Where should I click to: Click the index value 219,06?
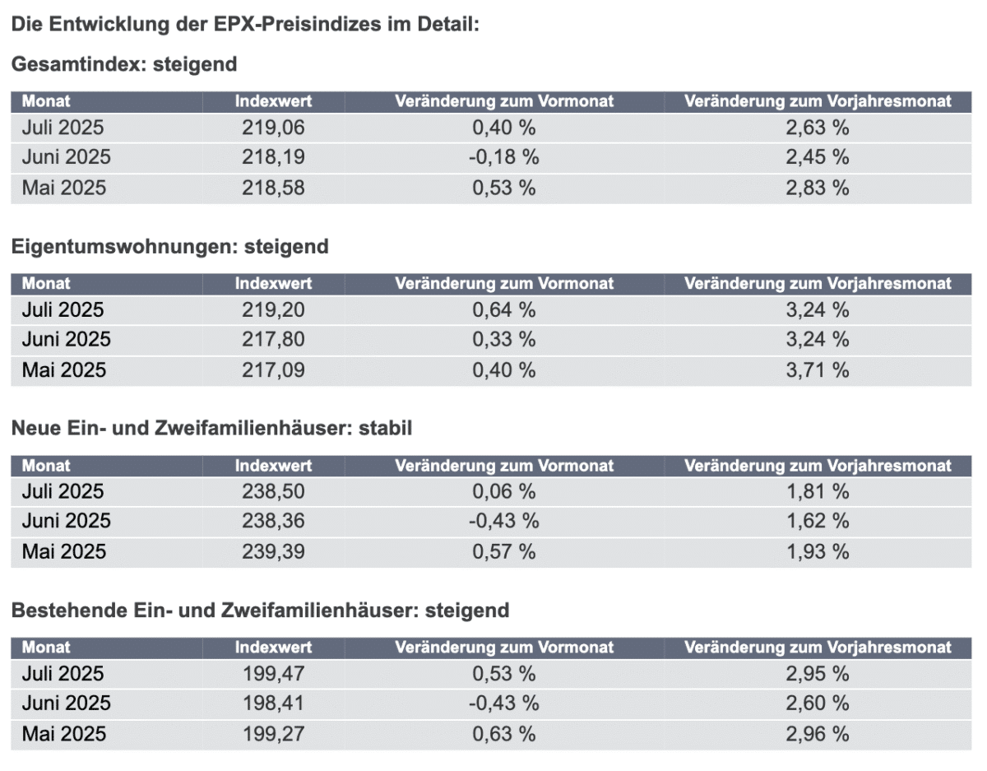[273, 128]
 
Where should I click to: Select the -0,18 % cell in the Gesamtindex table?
[503, 157]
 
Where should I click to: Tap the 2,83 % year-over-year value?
[817, 188]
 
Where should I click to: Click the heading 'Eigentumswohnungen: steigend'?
[170, 247]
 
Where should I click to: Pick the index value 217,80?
[273, 339]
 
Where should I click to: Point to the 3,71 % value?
[817, 370]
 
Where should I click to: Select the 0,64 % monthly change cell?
[503, 310]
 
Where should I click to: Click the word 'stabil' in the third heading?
[385, 429]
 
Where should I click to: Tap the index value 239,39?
[273, 552]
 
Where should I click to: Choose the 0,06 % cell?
[503, 491]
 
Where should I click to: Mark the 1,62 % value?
[817, 521]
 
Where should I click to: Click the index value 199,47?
[273, 674]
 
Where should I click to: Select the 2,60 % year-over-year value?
[817, 704]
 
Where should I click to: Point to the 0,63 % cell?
[503, 734]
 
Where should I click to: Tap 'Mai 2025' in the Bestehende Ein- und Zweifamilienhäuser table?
[64, 734]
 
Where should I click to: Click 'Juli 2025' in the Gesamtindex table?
[63, 128]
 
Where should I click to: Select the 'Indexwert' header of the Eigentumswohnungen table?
[273, 284]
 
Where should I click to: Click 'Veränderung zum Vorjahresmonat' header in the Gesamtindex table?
[818, 101]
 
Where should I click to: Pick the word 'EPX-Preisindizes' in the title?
[297, 24]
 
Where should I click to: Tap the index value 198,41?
[273, 704]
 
